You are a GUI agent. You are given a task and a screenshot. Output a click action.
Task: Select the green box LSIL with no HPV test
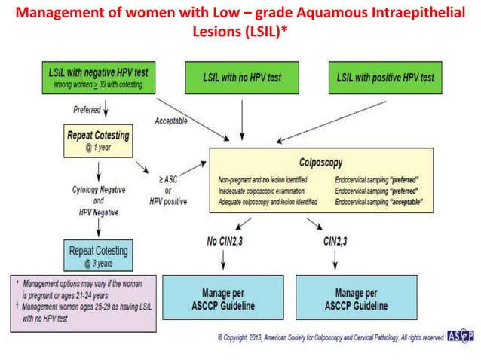click(240, 78)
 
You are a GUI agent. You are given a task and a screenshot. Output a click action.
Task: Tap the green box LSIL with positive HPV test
click(384, 78)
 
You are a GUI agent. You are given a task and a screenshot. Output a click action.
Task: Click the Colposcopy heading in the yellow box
click(320, 160)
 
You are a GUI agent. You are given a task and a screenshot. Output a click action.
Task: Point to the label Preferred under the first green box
click(87, 110)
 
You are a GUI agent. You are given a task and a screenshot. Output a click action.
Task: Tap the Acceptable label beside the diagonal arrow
click(176, 121)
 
